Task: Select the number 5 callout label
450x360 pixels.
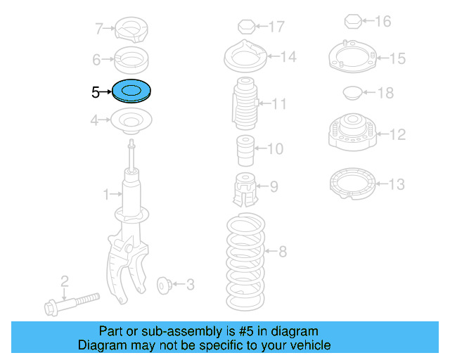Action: [x=96, y=92]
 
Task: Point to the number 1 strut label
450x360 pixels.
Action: [x=106, y=193]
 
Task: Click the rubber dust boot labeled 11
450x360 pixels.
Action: [x=244, y=105]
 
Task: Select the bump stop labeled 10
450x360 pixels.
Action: [x=244, y=149]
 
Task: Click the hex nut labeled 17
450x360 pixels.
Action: [x=245, y=27]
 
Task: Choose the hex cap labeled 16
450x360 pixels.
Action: [x=353, y=22]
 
